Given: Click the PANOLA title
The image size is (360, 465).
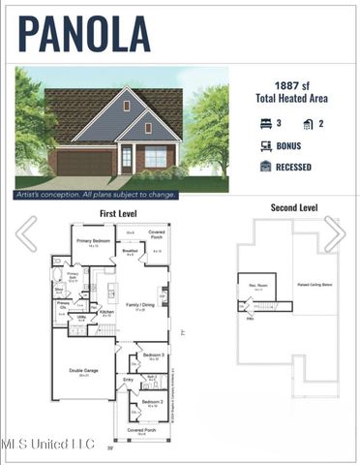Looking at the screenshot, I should tap(84, 33).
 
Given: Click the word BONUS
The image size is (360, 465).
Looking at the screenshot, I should tap(288, 145).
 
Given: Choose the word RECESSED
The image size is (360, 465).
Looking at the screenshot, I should tap(294, 166).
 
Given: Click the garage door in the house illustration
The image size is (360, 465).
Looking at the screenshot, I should tap(83, 162).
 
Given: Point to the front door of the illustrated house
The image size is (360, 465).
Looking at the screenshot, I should tap(127, 158).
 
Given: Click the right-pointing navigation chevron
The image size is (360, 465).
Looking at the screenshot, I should tap(335, 233).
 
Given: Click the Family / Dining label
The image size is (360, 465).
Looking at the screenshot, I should tap(141, 305).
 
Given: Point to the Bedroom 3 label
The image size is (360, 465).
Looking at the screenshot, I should tap(152, 356).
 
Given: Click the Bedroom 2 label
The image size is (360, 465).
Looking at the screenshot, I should tap(152, 401).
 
